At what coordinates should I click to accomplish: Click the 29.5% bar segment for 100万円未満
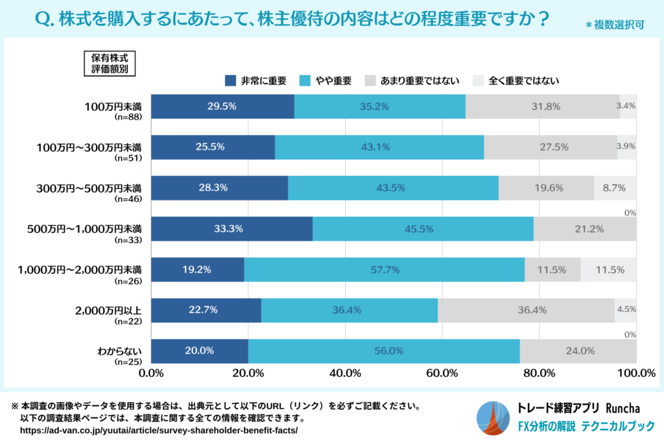coord(222,106)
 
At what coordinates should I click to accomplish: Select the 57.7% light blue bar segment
coord(384,270)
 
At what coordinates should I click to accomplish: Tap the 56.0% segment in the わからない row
coord(383,351)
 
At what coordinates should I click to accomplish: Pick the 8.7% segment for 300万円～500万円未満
coord(615,188)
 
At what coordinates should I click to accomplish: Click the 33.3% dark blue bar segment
coord(231,229)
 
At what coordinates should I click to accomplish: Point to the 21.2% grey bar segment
coord(585,229)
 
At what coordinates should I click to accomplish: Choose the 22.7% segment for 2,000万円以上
coord(206,310)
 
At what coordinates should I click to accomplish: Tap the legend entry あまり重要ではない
coord(412,81)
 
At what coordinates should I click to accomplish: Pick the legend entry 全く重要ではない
coord(517,81)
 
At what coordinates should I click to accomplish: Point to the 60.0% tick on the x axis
coord(442,373)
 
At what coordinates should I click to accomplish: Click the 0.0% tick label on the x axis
coord(152,373)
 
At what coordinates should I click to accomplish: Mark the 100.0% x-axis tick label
coord(636,373)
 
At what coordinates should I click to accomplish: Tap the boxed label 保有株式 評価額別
coord(110,64)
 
